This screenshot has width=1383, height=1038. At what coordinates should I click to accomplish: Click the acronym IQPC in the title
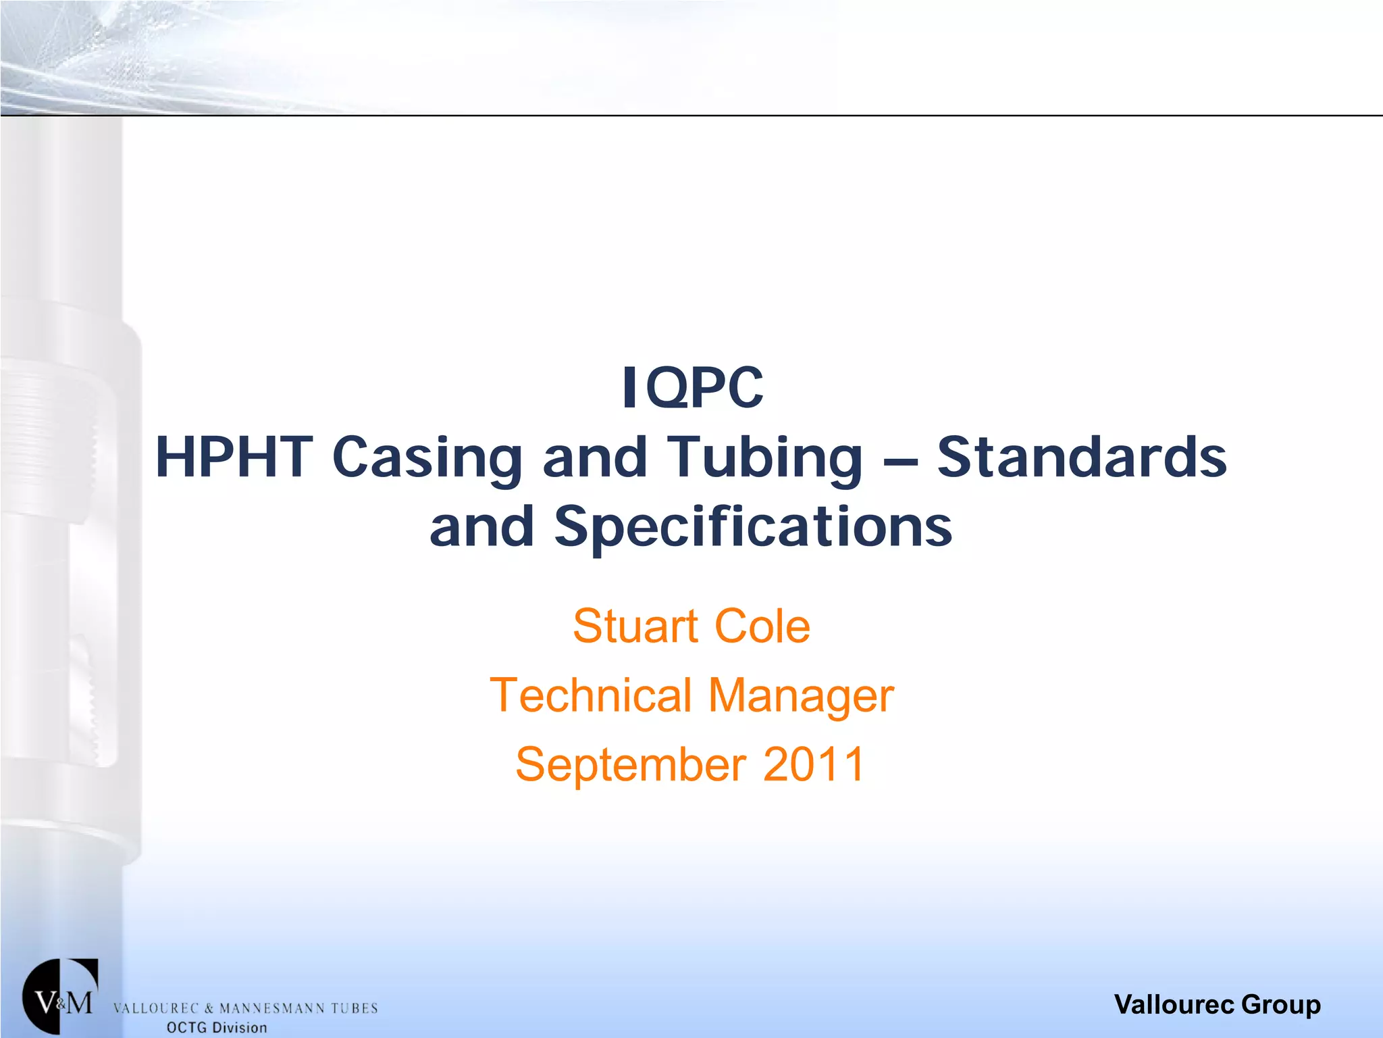[692, 388]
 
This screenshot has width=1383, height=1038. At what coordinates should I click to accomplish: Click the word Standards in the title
[1081, 458]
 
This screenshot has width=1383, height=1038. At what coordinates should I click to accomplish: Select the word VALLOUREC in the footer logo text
[155, 1009]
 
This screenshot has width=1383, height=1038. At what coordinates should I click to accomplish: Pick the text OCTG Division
[217, 1028]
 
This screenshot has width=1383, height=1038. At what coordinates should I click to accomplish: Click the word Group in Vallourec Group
[1280, 1005]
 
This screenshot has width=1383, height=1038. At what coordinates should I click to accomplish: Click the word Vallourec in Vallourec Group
[1175, 1004]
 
